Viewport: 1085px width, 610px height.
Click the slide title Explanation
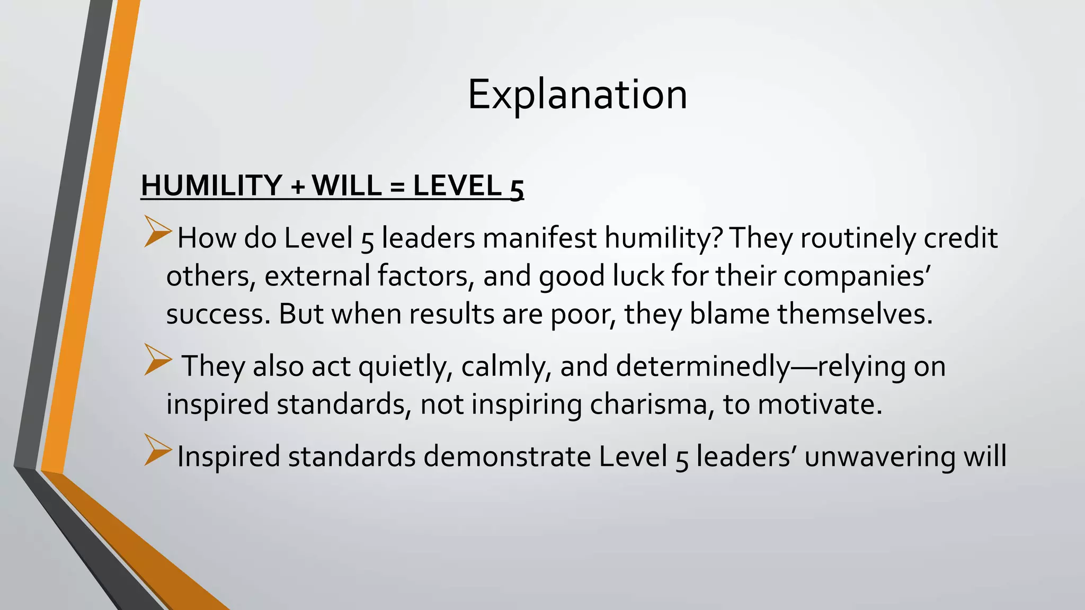(x=577, y=95)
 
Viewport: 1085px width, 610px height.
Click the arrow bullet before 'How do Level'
(x=158, y=233)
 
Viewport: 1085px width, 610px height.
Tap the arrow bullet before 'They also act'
(x=158, y=361)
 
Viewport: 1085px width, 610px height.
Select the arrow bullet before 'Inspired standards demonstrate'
(x=158, y=451)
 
